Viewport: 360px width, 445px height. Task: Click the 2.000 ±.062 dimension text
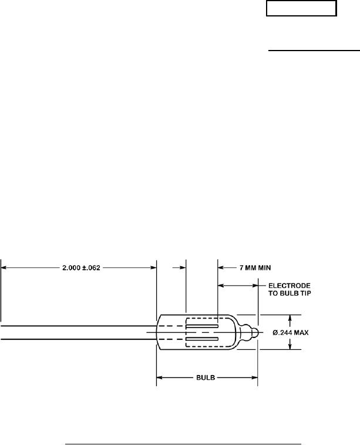pos(81,267)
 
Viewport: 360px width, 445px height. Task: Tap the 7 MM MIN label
pos(255,267)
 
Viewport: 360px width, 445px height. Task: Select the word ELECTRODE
pos(290,286)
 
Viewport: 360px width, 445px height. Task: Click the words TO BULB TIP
pos(290,293)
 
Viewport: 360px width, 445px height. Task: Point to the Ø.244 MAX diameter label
pos(291,332)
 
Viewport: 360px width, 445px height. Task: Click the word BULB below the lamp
pos(206,377)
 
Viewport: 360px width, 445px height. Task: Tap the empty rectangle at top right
pos(301,8)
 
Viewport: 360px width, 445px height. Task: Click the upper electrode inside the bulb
pos(202,326)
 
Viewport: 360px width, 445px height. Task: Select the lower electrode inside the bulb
pos(202,339)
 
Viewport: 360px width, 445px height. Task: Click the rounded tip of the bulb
pos(255,332)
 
